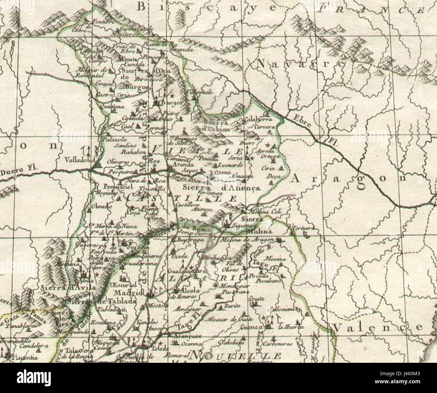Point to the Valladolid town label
[x=80, y=160]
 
